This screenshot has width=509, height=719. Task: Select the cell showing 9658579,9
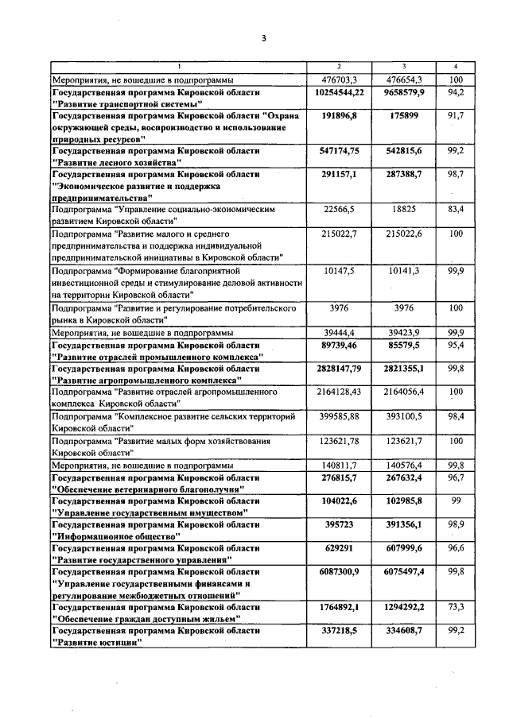[405, 93]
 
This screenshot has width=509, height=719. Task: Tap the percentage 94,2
[456, 93]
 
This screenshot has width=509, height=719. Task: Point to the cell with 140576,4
[405, 464]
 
